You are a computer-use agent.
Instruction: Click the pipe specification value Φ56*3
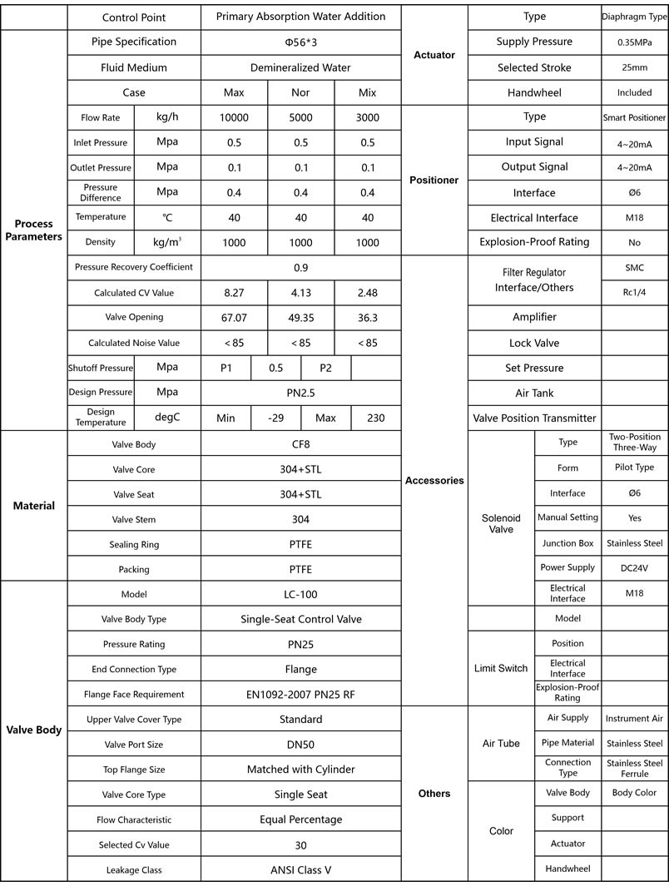pos(300,42)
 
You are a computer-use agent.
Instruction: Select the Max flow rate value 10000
pos(234,117)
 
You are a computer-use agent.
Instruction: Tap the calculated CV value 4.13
pos(300,293)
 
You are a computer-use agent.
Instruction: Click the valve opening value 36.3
pos(367,317)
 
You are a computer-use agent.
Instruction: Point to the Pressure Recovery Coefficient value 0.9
pos(300,268)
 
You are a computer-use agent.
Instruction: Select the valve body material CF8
pos(300,444)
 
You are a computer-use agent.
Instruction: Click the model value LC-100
pos(300,595)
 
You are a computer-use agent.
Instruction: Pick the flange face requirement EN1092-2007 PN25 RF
pos(300,694)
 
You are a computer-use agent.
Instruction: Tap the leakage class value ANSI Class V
pos(300,869)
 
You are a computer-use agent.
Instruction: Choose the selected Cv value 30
pos(300,844)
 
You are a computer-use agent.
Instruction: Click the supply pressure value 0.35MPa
pos(634,42)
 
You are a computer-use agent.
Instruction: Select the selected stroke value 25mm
pos(634,67)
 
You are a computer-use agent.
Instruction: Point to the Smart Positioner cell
pos(634,117)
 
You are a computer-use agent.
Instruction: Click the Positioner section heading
pos(434,180)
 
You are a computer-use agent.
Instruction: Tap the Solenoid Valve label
pos(501,523)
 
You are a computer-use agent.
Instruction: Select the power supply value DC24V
pos(634,567)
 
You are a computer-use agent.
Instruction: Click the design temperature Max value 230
pos(375,418)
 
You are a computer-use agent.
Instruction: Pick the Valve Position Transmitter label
pos(534,418)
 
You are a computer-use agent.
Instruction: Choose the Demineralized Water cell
pos(300,67)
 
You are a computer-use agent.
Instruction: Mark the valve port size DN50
pos(300,745)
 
